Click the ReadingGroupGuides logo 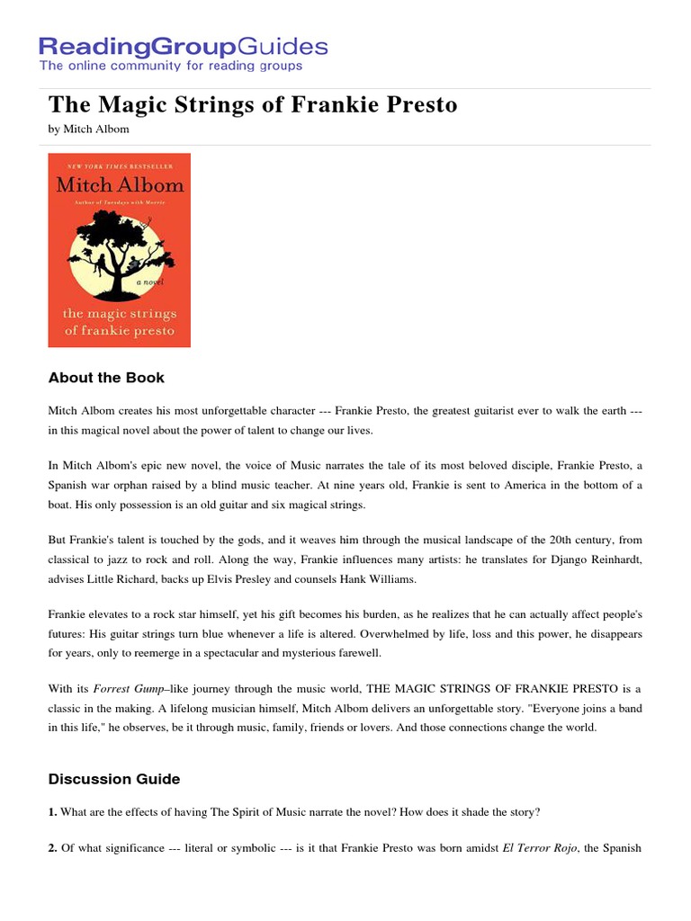pos(183,46)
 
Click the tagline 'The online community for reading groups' pos(170,66)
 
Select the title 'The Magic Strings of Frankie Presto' pos(253,105)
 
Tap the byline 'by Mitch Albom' pos(88,129)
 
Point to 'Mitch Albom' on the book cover pos(119,185)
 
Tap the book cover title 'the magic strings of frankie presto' pos(119,321)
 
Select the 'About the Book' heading pos(106,378)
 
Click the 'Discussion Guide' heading pos(113,779)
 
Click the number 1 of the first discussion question pos(52,812)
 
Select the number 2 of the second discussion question pos(52,848)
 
